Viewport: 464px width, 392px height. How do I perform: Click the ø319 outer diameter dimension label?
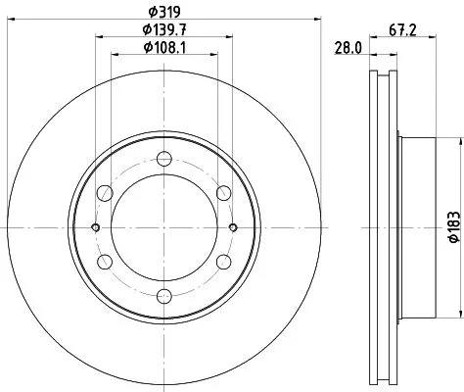click(x=162, y=13)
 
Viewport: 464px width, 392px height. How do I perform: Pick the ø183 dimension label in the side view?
click(x=451, y=227)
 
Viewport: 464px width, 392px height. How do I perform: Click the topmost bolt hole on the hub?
click(x=162, y=157)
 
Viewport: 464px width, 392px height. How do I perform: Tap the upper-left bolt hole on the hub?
click(x=102, y=192)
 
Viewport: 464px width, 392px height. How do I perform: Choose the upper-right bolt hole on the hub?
click(x=223, y=192)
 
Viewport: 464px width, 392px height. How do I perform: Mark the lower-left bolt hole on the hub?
click(x=102, y=262)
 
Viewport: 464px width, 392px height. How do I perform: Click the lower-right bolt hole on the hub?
click(x=223, y=262)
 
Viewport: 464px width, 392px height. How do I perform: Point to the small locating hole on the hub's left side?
click(x=94, y=227)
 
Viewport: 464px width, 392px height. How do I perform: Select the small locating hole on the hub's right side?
click(x=232, y=227)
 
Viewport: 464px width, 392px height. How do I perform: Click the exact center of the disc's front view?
click(x=162, y=227)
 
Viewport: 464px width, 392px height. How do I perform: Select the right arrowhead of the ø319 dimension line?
click(x=318, y=21)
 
